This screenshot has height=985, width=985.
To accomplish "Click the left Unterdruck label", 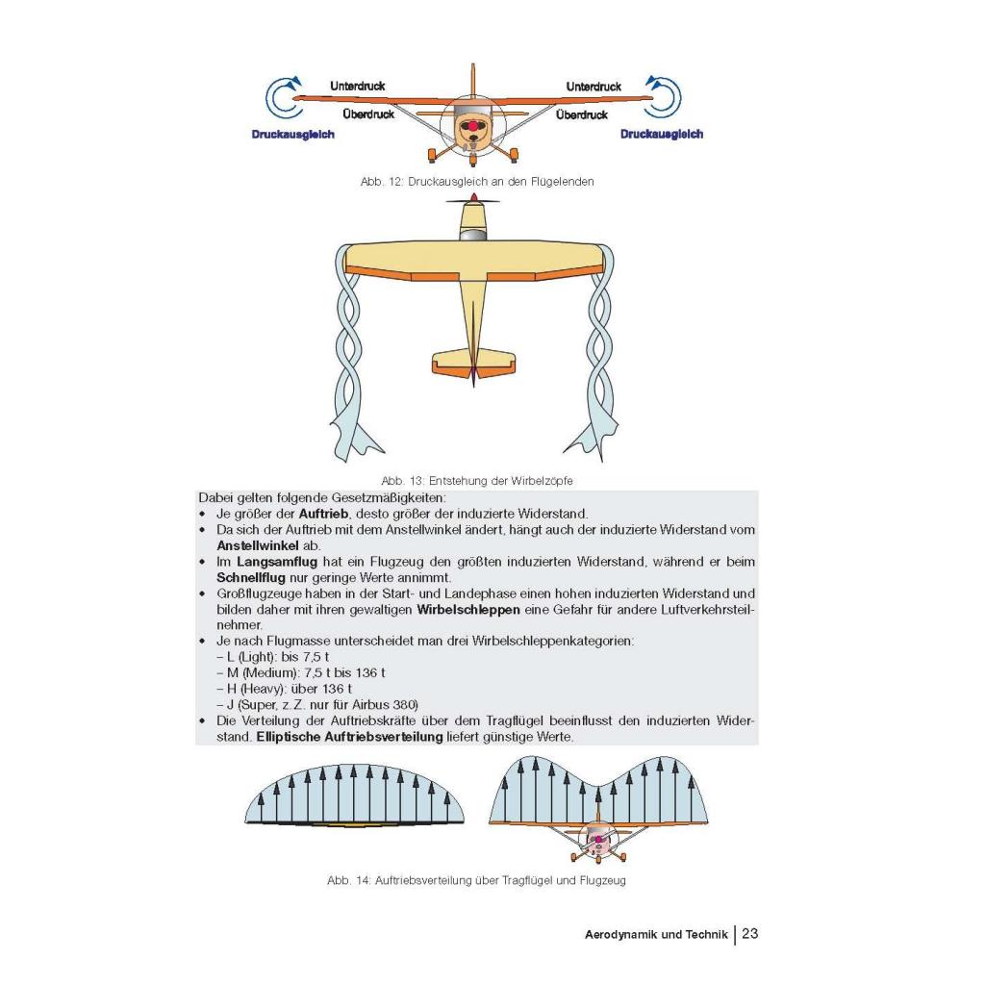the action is click(x=357, y=86).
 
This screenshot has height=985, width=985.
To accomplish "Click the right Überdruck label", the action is click(x=582, y=115).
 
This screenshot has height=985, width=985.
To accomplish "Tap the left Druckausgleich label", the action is click(x=292, y=135).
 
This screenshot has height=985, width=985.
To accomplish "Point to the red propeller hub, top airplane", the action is click(x=471, y=127).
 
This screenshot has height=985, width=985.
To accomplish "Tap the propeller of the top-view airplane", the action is click(x=473, y=200).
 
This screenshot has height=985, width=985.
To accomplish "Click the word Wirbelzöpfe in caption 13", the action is click(x=542, y=481).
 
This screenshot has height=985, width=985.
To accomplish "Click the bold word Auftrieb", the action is click(x=323, y=514).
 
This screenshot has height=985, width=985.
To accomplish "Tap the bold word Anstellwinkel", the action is click(x=258, y=546).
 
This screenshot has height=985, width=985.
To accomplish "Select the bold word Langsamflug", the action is click(x=277, y=562).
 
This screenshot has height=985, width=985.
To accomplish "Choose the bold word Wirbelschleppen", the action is click(x=468, y=610).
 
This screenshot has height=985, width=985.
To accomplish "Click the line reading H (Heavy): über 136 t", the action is click(x=284, y=689).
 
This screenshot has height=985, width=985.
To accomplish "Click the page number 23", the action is click(x=750, y=933).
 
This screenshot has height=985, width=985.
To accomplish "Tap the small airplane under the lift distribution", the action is click(x=598, y=839).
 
